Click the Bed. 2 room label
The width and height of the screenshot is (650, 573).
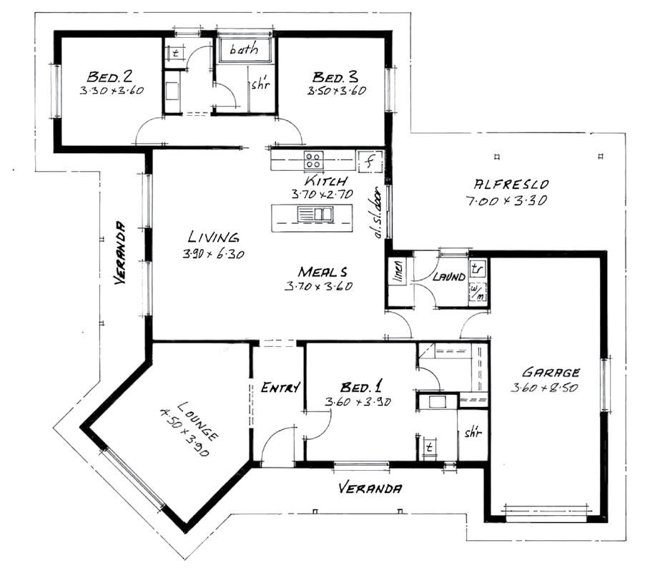click(x=109, y=77)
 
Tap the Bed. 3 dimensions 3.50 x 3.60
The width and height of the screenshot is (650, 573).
click(x=337, y=90)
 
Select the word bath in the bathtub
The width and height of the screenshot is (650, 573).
click(x=244, y=49)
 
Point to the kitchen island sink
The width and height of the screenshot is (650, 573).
click(x=315, y=214)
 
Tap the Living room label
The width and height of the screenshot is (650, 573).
click(x=214, y=237)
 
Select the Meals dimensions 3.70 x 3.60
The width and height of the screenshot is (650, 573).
click(x=318, y=286)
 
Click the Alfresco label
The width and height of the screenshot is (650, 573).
click(x=511, y=184)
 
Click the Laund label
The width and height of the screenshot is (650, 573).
click(x=448, y=277)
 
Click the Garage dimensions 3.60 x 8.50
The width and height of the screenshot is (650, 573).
click(x=544, y=388)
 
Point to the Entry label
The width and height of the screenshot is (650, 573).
click(x=280, y=388)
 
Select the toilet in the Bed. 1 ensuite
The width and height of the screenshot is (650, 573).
click(x=430, y=448)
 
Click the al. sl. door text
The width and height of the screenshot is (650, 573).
click(x=377, y=212)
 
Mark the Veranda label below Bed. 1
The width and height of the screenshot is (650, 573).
click(x=370, y=488)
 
